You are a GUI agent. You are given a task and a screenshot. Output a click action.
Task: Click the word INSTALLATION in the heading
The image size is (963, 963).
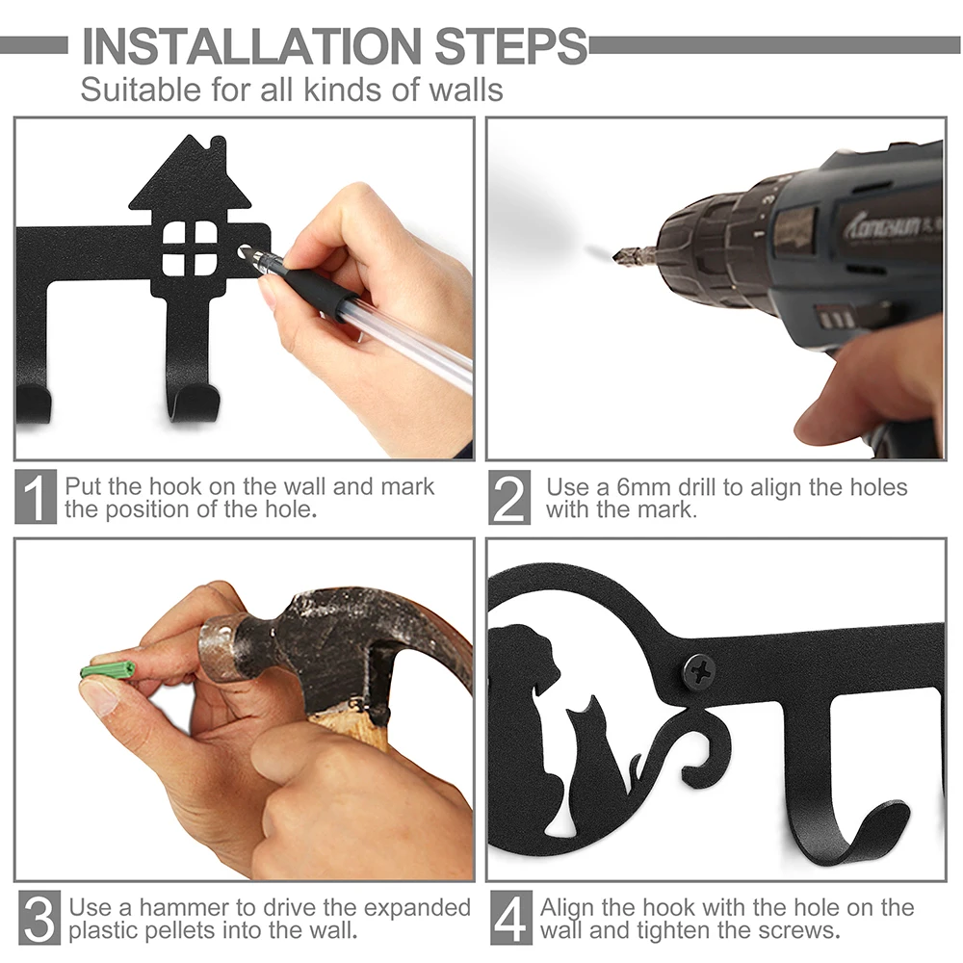click(251, 45)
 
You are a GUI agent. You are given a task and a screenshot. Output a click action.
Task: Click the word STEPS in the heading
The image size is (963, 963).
click(511, 45)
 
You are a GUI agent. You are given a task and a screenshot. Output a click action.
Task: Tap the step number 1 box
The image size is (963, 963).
click(36, 497)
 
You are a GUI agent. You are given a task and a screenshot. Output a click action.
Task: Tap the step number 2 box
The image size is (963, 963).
click(509, 498)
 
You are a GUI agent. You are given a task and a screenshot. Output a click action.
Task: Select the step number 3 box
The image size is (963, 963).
click(39, 918)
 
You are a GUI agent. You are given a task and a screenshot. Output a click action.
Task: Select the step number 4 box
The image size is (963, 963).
click(511, 918)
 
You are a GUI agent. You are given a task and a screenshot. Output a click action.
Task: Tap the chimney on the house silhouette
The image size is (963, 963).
click(218, 151)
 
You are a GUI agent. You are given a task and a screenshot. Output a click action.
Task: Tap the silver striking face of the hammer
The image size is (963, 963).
click(218, 651)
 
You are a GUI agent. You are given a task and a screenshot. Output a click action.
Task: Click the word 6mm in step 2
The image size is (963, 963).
click(644, 487)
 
